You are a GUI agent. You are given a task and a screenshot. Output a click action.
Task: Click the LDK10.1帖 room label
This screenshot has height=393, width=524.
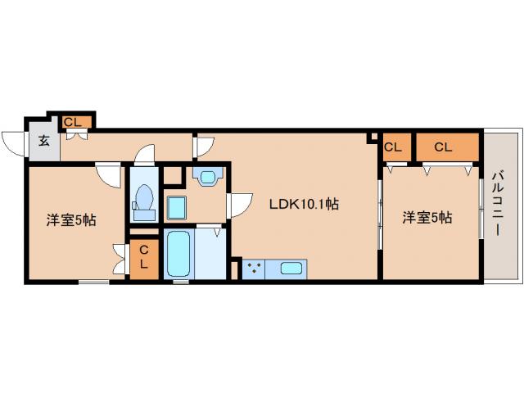304,204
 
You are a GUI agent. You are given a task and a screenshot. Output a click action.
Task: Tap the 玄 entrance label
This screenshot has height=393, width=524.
44,141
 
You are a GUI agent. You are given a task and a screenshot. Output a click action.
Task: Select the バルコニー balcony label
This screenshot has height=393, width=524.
498,203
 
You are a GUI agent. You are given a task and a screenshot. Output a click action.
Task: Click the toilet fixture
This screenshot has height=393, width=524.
144,201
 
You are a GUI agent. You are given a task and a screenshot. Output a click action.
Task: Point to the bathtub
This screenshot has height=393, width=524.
178,254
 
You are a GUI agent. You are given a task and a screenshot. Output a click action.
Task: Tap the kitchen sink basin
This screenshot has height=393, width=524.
291,269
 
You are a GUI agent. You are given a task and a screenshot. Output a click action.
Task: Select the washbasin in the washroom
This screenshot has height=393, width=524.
207,177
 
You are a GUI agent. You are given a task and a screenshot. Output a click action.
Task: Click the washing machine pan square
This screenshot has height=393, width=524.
176,207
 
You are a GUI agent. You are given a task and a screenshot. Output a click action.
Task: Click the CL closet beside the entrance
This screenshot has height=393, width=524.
76,122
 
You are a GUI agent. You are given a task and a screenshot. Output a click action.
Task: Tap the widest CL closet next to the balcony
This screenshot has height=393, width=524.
447,147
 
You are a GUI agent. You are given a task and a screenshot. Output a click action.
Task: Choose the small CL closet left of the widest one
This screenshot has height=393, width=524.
396,147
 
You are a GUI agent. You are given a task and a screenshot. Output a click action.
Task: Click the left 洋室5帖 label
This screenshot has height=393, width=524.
71,220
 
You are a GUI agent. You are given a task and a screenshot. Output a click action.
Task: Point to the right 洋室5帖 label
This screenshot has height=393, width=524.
427,218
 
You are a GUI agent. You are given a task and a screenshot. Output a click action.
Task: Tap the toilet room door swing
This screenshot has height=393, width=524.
145,155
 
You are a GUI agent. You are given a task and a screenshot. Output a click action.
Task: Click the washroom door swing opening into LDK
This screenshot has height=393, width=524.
240,206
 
